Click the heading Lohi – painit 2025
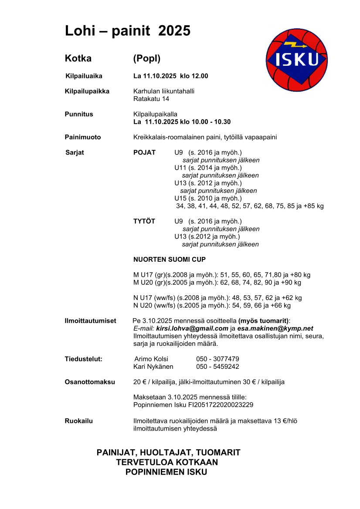click(127, 31)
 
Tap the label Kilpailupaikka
click(87, 91)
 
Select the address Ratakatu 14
click(151, 99)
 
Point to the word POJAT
click(144, 152)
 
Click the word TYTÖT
click(144, 221)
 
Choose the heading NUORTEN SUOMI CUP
click(169, 260)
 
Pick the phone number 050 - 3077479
click(217, 359)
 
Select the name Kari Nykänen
click(153, 367)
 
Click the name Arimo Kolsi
click(152, 359)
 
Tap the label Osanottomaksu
click(90, 382)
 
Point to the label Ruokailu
click(79, 421)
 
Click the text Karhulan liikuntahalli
click(163, 91)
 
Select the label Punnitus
click(79, 114)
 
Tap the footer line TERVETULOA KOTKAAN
click(167, 462)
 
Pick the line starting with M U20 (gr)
click(217, 283)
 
